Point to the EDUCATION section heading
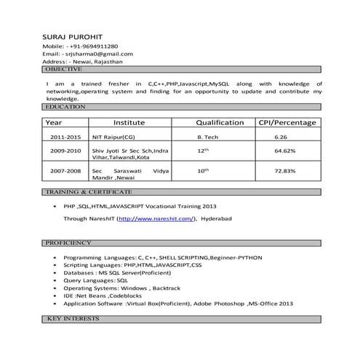point(66,107)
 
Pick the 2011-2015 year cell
point(65,137)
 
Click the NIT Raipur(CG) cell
point(113,137)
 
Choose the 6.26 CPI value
point(281,137)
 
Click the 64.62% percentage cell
point(284,151)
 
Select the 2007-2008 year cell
point(65,170)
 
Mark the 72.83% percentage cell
point(284,170)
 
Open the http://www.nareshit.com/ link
point(156,218)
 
